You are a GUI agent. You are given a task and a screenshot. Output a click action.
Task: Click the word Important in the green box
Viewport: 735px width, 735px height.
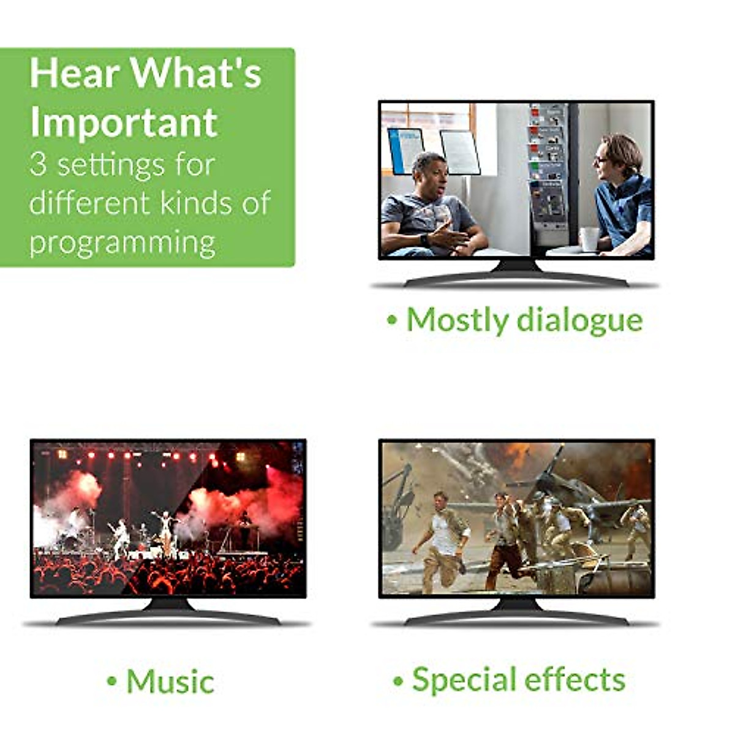coord(124,123)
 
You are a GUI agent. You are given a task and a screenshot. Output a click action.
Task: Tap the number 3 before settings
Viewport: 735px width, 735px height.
coord(38,165)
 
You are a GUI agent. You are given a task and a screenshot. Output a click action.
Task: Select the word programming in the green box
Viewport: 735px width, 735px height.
coord(122,244)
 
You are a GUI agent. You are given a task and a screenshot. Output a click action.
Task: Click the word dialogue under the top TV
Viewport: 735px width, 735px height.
coord(579,321)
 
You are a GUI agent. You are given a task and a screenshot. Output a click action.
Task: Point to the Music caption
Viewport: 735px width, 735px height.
coord(160,681)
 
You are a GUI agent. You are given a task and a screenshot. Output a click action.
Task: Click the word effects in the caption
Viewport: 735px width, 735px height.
coord(575,679)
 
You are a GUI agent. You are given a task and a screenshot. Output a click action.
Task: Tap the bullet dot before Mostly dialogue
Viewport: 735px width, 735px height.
coord(392,320)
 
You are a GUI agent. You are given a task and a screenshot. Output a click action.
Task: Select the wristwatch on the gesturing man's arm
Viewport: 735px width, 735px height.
coord(424,240)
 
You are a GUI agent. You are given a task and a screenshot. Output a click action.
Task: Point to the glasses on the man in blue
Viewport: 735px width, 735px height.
coord(600,159)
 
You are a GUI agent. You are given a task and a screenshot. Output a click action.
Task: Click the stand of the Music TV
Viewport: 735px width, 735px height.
coord(168,613)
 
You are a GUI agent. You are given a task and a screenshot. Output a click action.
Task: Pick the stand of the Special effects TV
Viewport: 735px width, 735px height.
coord(516,613)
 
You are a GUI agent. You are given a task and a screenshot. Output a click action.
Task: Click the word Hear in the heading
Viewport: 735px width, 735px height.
coord(72,73)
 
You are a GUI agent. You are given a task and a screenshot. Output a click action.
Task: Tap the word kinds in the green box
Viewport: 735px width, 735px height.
coord(195,202)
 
